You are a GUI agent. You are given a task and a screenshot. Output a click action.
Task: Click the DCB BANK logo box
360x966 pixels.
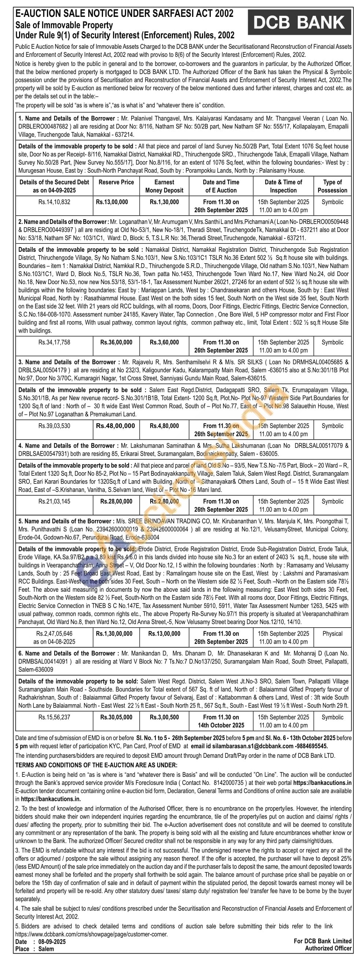[299, 22]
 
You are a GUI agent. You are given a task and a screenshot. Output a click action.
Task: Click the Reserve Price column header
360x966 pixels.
[116, 182]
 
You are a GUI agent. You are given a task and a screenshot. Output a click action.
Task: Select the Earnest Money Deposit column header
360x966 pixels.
[164, 186]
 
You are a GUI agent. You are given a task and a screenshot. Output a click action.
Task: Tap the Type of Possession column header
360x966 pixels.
[332, 186]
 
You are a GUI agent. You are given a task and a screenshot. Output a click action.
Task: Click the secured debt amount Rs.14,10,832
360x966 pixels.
[54, 202]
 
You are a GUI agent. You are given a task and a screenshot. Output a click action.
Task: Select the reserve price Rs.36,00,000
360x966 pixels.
[116, 342]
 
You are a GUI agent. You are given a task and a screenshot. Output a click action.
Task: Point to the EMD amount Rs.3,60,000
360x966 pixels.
[164, 342]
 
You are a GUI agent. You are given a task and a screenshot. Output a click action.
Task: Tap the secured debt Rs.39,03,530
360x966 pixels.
[54, 426]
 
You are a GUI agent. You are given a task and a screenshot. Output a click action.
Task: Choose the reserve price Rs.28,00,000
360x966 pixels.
[116, 502]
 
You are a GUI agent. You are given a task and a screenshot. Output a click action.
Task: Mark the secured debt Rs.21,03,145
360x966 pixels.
[54, 502]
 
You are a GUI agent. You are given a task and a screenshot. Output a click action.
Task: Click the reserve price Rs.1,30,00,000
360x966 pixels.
[114, 634]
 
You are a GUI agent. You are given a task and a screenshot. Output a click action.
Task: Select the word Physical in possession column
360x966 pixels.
[332, 634]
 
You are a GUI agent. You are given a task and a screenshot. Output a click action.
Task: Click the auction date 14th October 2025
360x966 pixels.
[221, 726]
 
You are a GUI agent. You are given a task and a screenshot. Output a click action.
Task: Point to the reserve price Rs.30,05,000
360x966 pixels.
[116, 717]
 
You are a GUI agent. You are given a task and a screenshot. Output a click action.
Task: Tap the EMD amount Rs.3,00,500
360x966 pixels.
[164, 717]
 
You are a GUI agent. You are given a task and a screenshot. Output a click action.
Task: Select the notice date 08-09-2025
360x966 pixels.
[52, 942]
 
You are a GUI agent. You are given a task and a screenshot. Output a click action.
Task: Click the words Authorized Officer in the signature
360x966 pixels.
[328, 948]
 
